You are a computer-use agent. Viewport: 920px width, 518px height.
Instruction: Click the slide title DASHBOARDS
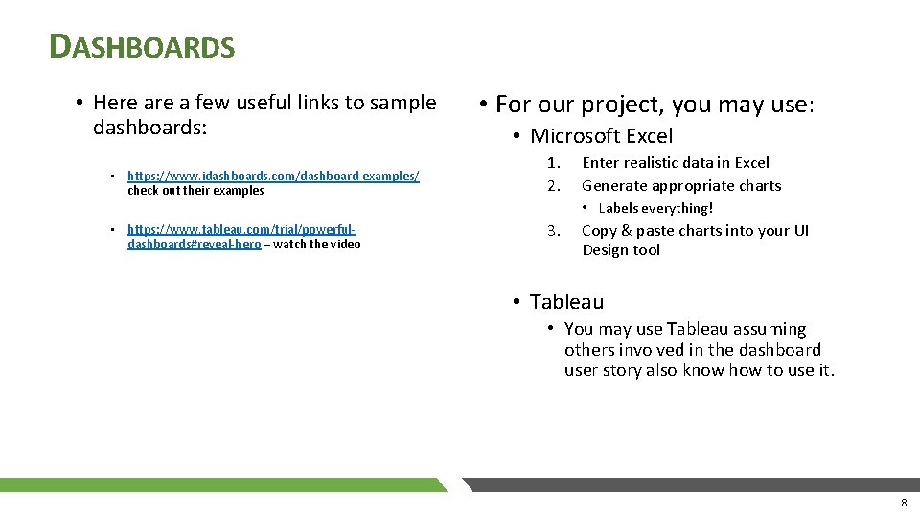(x=142, y=46)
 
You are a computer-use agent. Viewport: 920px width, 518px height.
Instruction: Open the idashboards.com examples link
(x=273, y=177)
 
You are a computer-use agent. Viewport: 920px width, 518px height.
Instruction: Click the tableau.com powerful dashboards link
(x=241, y=230)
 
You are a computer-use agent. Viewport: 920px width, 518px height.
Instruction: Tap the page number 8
(x=903, y=503)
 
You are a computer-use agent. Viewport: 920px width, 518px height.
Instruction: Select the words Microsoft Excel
(x=602, y=136)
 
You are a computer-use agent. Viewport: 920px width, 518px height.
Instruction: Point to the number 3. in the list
(x=553, y=231)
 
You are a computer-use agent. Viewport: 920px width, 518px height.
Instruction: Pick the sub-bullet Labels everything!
(x=655, y=208)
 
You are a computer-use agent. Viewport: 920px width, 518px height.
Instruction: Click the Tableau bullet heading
(x=566, y=302)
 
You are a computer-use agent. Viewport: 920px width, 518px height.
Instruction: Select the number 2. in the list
(x=553, y=186)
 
